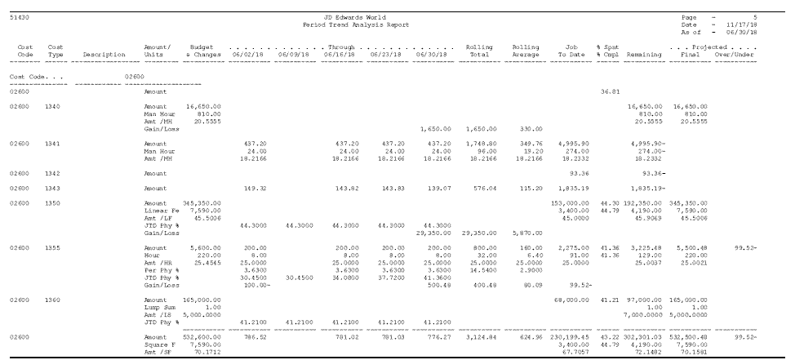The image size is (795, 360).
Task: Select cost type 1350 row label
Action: coord(55,201)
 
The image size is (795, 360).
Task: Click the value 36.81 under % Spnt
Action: coord(609,91)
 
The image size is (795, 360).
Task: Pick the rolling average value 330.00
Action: coord(529,128)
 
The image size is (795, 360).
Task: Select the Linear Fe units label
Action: coord(160,207)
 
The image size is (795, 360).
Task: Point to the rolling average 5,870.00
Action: coord(527,232)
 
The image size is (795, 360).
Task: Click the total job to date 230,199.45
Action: coord(570,336)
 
